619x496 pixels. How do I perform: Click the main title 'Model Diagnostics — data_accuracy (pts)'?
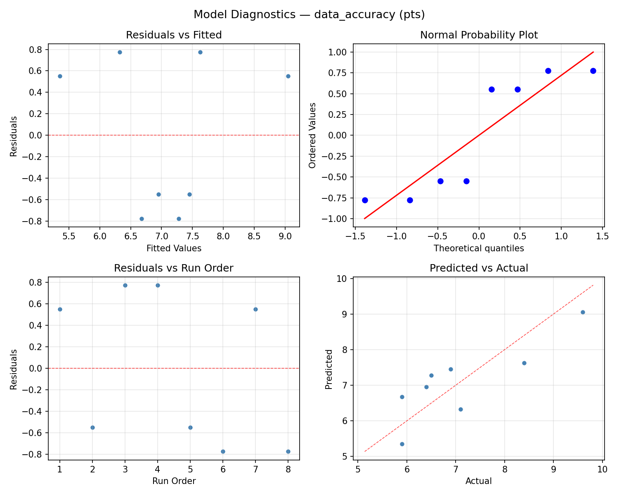[x=309, y=14]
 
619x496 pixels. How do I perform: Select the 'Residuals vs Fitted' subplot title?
[x=174, y=35]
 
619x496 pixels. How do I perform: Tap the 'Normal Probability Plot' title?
[x=479, y=35]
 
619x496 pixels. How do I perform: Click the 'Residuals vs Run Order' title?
[x=174, y=268]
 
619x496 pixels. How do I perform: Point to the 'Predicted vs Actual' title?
[x=479, y=268]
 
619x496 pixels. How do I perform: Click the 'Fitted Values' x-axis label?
[x=174, y=248]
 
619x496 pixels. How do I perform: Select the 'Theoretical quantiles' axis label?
[x=479, y=248]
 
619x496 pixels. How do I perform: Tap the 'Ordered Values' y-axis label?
[x=312, y=135]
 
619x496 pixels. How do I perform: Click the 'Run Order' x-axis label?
[x=174, y=481]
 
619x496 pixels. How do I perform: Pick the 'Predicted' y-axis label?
[x=328, y=369]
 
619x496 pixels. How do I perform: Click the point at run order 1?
[x=60, y=309]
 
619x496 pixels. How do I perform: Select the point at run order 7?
[x=255, y=309]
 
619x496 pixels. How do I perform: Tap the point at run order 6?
[x=223, y=451]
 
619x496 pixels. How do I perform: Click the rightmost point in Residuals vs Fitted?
[x=288, y=76]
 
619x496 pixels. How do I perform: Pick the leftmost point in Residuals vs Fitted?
[x=60, y=76]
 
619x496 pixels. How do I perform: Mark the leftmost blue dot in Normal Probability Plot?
[x=365, y=200]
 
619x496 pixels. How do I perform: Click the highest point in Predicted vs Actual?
[x=583, y=312]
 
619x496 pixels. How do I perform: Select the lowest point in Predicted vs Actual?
[x=402, y=444]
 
